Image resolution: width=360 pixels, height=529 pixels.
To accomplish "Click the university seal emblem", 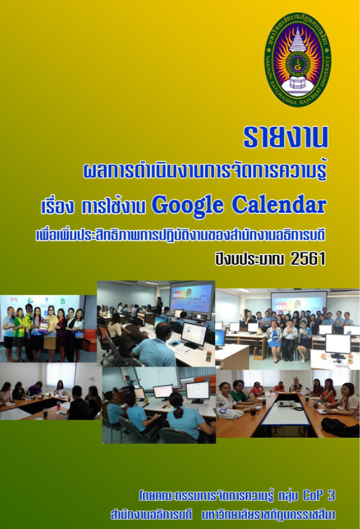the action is (x=297, y=59).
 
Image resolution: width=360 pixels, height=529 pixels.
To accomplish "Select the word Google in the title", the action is (x=187, y=205).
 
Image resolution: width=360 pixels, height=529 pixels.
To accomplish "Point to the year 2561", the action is (x=308, y=259).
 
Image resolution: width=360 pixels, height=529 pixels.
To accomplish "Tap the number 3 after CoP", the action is (x=331, y=495).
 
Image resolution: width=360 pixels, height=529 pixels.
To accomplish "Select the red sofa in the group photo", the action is (x=90, y=341).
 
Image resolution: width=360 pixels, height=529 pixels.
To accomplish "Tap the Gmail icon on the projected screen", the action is (x=13, y=299).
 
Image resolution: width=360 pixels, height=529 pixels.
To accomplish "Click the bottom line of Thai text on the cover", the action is (x=223, y=515).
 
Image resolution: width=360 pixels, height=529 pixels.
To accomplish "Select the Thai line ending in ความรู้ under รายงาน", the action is (x=205, y=172).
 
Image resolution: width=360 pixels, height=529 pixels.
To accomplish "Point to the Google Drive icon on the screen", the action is (x=30, y=300).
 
